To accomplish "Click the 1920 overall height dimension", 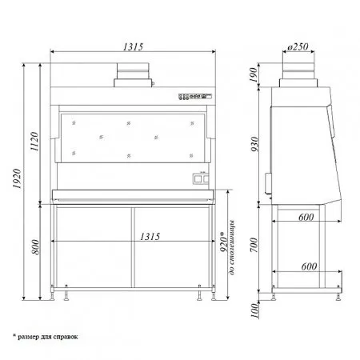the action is click(18, 178).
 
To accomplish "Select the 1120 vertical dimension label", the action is click(34, 142).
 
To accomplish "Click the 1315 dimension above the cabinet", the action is click(133, 47).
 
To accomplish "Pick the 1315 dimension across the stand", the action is click(150, 237).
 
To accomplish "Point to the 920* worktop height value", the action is click(224, 242).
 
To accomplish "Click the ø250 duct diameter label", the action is click(298, 47).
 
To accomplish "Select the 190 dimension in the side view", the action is click(254, 75).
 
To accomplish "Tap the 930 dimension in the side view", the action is click(255, 144).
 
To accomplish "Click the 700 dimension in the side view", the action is click(254, 245).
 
